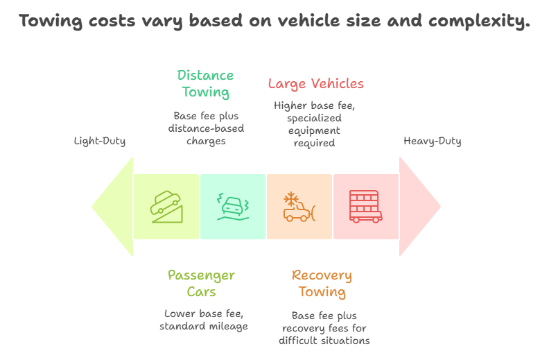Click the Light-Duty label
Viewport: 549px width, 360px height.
point(100,142)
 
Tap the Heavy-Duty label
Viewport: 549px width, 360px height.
point(433,142)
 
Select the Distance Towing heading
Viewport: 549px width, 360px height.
point(205,83)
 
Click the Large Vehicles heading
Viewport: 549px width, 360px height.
point(315,84)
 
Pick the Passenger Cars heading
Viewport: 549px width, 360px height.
point(201,283)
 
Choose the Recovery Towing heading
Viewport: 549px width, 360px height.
point(322,283)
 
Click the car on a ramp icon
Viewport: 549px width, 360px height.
point(166,206)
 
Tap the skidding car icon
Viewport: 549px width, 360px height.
point(233,206)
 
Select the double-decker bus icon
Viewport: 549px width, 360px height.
point(365,206)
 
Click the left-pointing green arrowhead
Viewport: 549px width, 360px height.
point(112,206)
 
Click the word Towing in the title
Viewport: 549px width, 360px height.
point(51,22)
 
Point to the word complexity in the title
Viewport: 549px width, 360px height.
point(478,22)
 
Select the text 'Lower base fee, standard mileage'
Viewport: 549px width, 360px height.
point(204,320)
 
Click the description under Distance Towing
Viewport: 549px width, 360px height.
point(205,128)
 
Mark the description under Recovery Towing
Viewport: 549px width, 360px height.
point(324,328)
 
